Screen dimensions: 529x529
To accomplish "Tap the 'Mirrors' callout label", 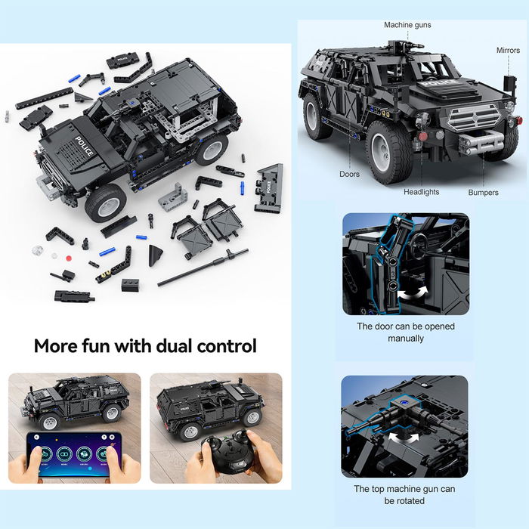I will (508, 51).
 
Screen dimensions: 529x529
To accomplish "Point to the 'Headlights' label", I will (421, 192).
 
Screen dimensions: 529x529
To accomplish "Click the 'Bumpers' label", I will (483, 193).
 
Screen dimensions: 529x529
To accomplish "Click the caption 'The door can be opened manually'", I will (405, 333).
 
